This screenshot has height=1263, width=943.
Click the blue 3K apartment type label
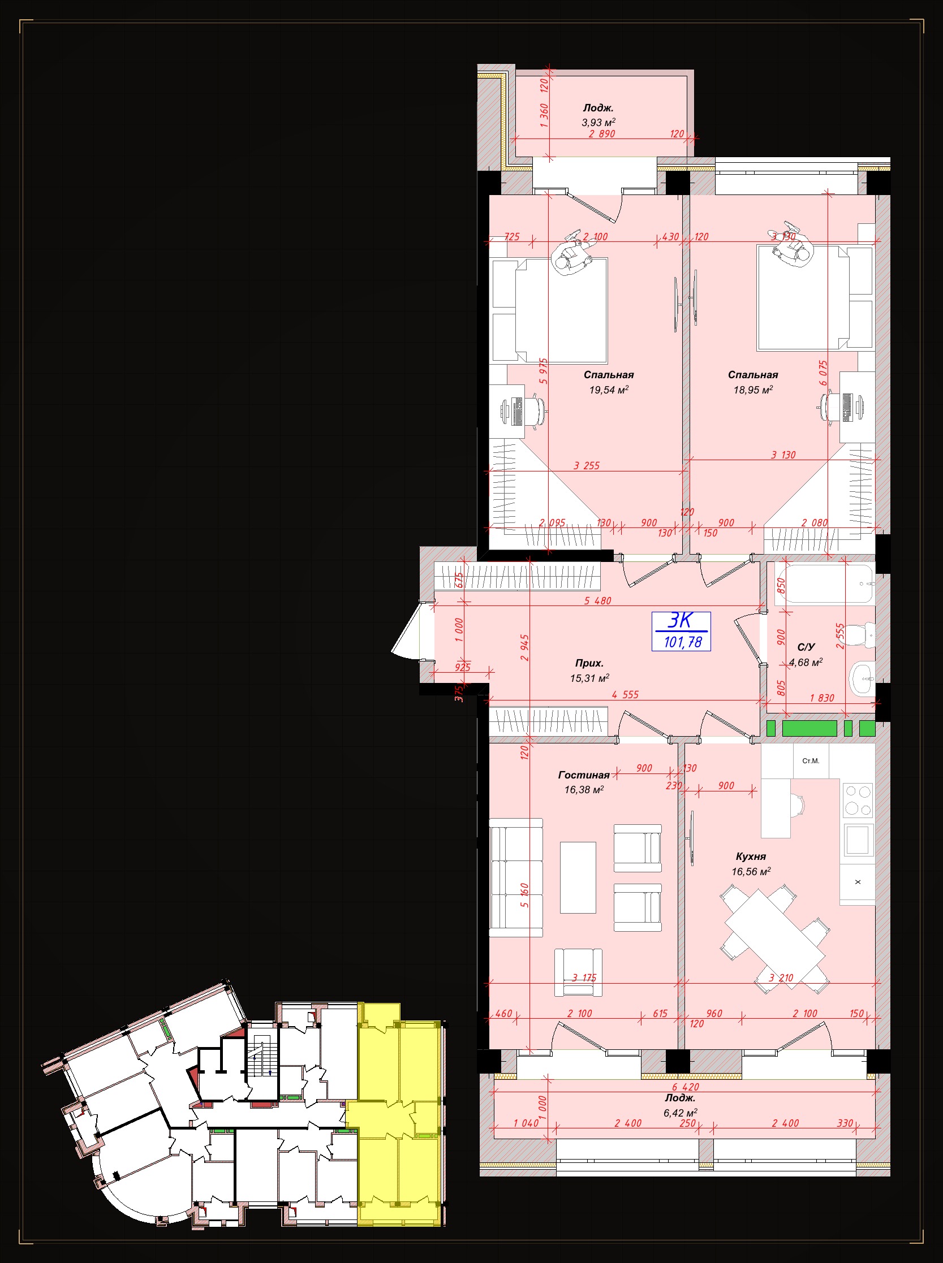coord(680,621)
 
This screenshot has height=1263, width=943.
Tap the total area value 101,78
coord(683,642)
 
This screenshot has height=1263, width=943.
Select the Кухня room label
coord(751,857)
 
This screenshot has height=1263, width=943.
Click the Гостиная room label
coord(583,775)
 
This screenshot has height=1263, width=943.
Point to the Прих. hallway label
coord(589,663)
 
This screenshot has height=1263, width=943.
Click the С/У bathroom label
coord(806,647)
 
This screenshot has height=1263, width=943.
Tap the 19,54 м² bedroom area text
coord(609,390)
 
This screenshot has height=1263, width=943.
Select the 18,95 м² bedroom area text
coord(753,390)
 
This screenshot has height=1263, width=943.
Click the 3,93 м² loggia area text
coord(598,122)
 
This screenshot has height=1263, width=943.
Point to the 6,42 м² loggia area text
coord(680,1113)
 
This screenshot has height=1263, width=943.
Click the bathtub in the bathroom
coord(825,583)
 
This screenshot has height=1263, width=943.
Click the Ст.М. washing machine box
coord(811,761)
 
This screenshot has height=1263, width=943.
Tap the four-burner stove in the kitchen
coord(858,801)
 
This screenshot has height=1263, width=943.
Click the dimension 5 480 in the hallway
coord(597,601)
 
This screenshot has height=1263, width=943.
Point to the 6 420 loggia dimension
coord(685,1087)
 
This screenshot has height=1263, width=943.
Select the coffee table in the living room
coord(578,878)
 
